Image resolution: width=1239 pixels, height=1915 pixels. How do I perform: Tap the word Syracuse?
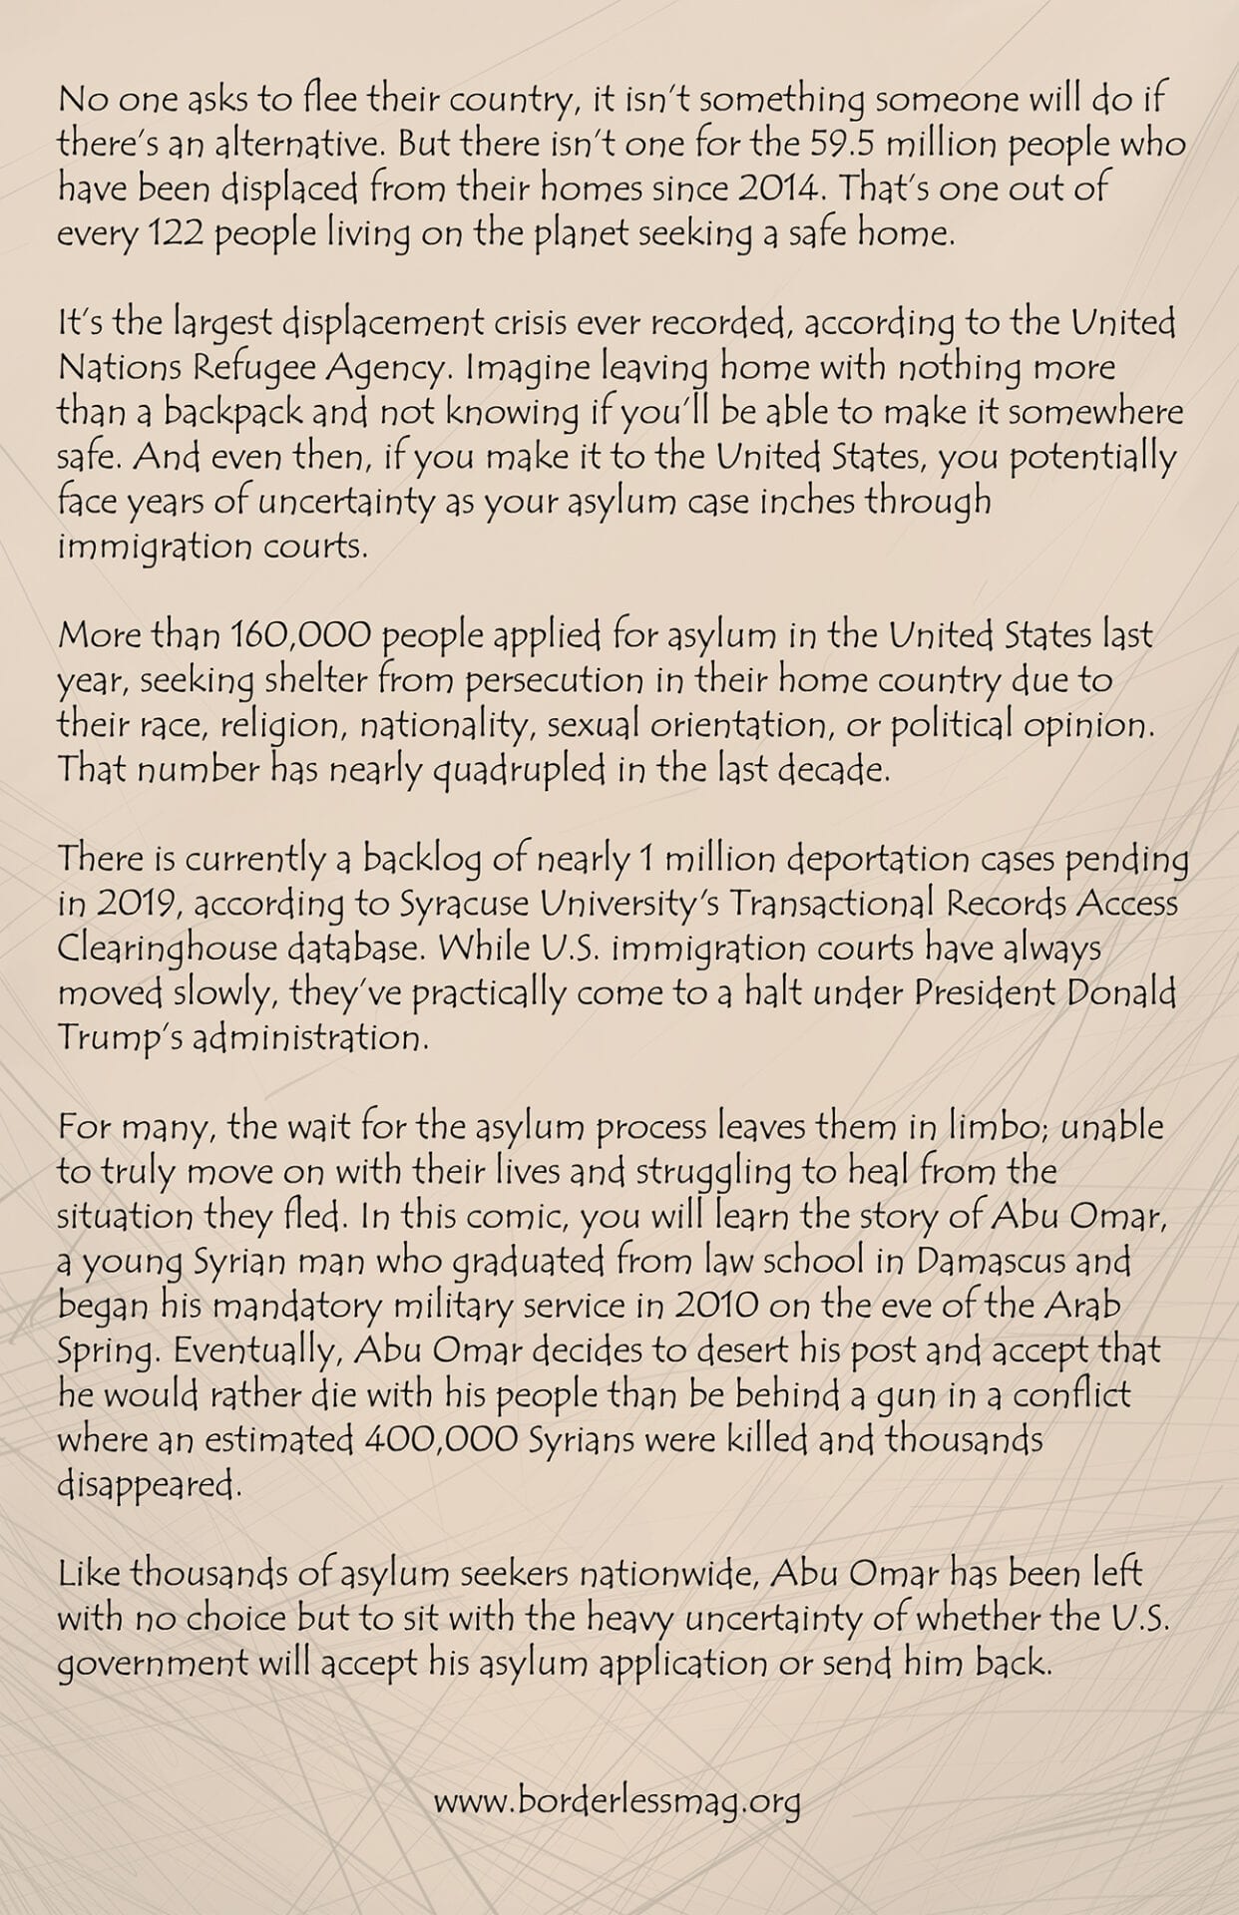463,904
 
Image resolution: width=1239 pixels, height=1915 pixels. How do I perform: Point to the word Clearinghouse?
165,949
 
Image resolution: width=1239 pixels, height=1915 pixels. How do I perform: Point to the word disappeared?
150,1485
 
